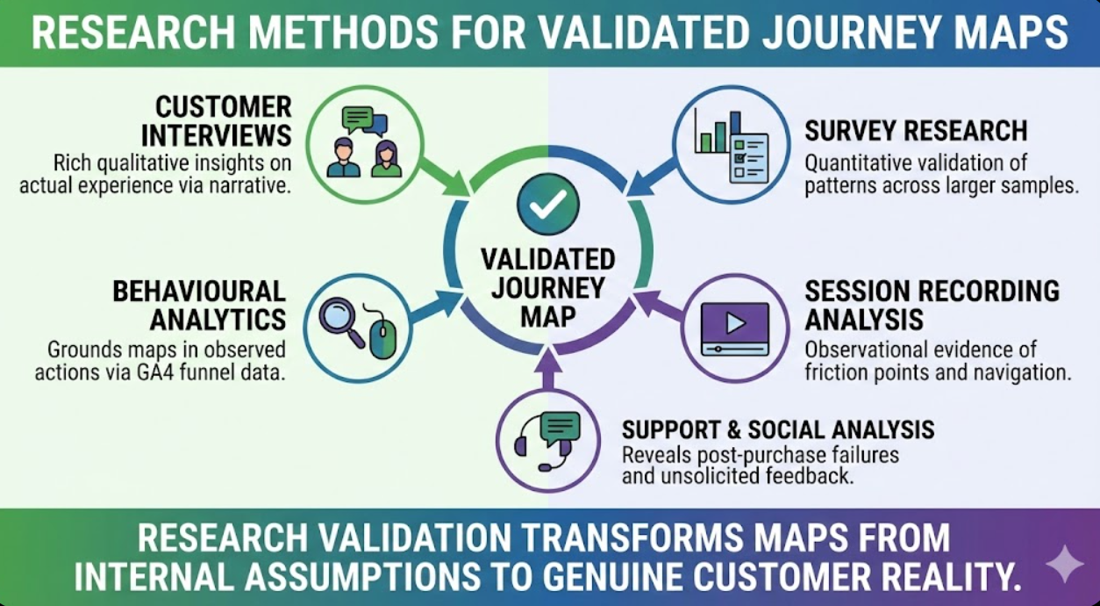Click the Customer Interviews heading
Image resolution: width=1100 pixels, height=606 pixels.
pyautogui.click(x=223, y=121)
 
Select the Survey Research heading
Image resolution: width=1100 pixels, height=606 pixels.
pyautogui.click(x=915, y=131)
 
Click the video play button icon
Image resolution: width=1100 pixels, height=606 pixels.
pyautogui.click(x=735, y=324)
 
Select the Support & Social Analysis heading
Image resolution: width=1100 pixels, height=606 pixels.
pyautogui.click(x=777, y=429)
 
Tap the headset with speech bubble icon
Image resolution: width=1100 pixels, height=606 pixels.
pyautogui.click(x=548, y=438)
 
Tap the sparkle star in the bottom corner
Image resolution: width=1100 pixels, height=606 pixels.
pyautogui.click(x=1063, y=564)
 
